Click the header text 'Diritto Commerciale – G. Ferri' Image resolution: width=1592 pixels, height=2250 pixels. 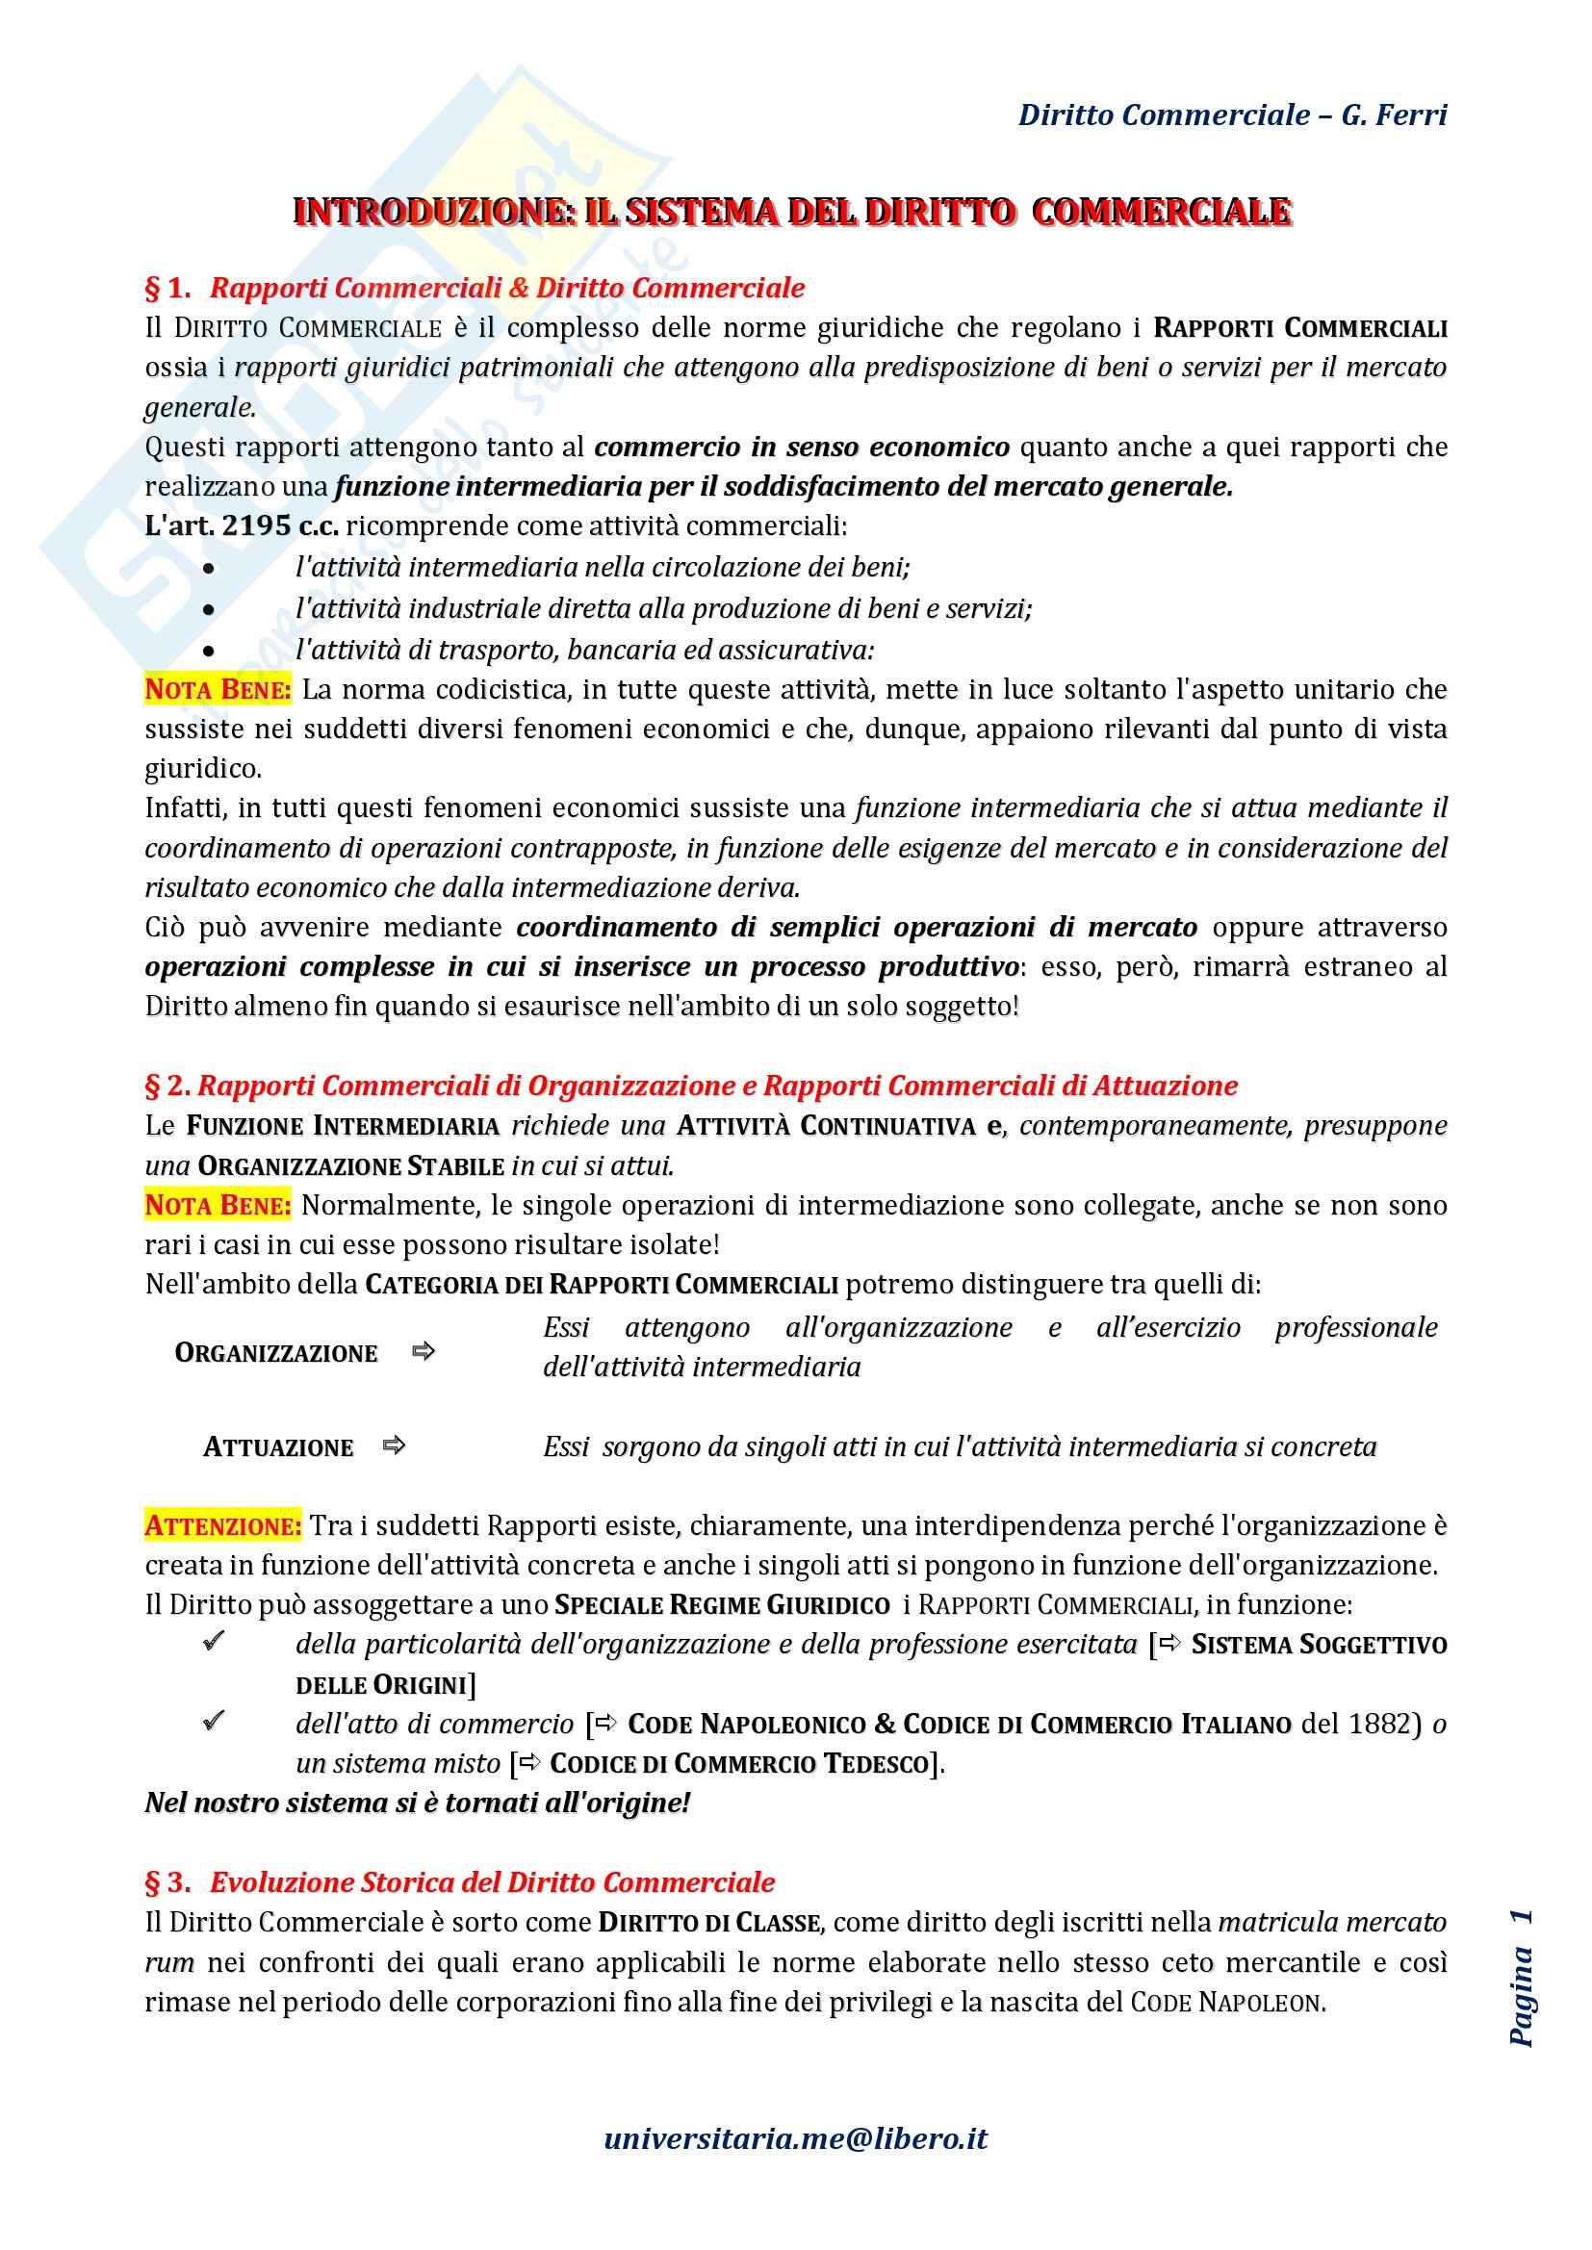coord(1232,115)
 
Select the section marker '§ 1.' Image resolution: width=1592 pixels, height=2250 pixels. coord(167,288)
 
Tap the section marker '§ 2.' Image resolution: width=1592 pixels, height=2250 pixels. coord(167,1086)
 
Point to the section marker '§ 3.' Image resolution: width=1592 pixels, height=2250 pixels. coord(167,1882)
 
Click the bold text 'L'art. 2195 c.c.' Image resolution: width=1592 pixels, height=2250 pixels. coord(242,526)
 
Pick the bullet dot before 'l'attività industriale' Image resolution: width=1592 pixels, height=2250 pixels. coord(209,609)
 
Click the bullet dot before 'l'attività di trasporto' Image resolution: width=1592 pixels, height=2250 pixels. coord(209,651)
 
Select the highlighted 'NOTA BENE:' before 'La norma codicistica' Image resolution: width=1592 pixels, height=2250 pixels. coord(218,690)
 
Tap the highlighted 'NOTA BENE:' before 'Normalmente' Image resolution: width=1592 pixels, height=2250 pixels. coord(218,1205)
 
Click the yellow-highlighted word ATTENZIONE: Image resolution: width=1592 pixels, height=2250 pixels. coord(222,1525)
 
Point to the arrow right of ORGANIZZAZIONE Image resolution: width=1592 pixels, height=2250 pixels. coord(424,1352)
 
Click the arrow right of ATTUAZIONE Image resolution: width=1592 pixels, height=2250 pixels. coord(394,1445)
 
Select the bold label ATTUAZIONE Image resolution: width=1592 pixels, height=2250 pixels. coord(277,1447)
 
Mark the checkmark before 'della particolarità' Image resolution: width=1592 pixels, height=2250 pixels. coord(214,1642)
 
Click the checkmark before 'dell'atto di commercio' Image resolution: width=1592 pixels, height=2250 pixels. coord(214,1721)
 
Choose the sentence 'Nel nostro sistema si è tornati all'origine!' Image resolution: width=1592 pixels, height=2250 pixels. coord(418,1803)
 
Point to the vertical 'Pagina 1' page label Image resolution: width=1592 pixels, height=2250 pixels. coord(1521,1979)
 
